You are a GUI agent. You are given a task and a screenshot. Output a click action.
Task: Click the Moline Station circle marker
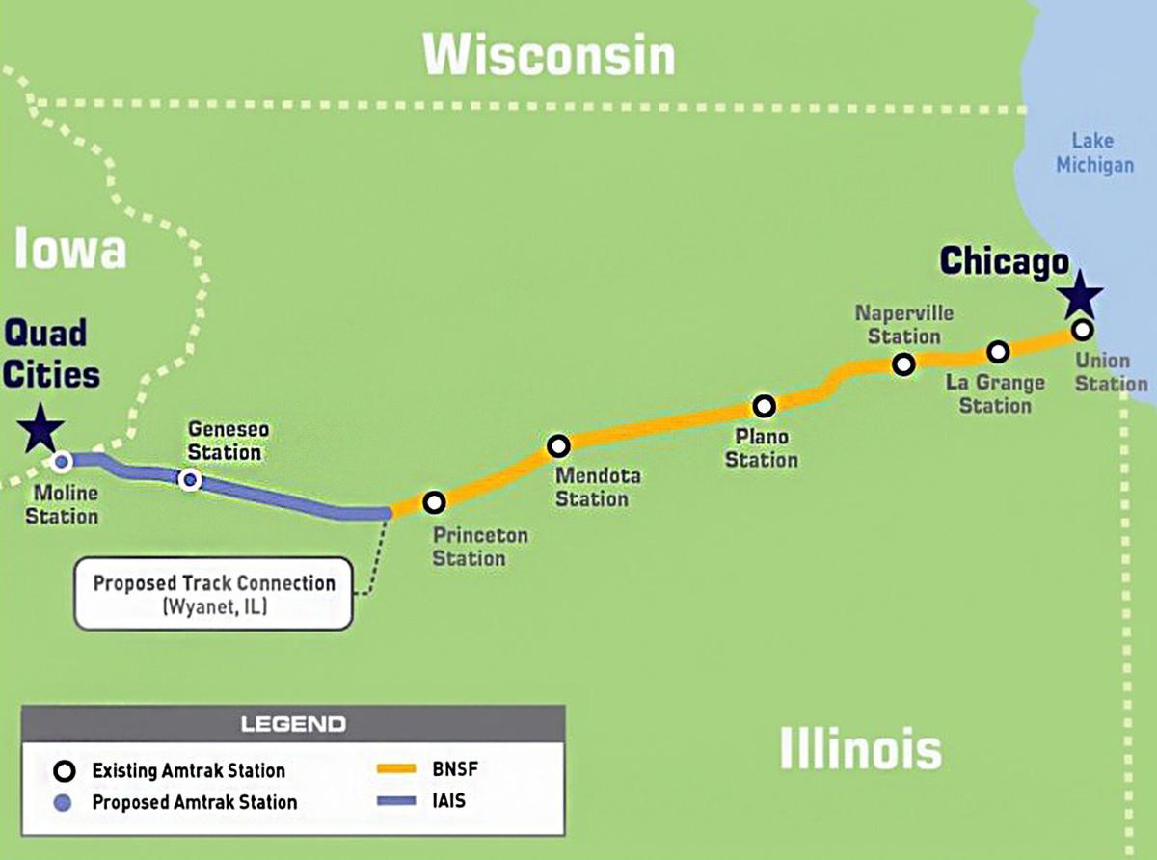[x=62, y=462]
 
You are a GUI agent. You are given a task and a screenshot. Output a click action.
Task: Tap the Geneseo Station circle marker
[x=191, y=479]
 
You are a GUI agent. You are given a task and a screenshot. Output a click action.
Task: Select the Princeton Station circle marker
[x=435, y=502]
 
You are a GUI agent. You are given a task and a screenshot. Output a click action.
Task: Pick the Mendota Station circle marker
[x=558, y=446]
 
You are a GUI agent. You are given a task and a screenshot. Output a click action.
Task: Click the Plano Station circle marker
[x=765, y=406]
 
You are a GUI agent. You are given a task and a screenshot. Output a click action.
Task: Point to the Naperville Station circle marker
[x=903, y=364]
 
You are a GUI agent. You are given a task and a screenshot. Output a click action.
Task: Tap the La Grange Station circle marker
[x=998, y=351]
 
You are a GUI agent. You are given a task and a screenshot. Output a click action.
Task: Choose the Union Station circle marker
[x=1083, y=330]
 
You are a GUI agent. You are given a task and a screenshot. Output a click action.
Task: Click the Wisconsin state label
[x=550, y=56]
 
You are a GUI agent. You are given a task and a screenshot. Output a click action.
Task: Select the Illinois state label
[x=860, y=748]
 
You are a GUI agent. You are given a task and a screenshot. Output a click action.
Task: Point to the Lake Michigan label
[x=1094, y=153]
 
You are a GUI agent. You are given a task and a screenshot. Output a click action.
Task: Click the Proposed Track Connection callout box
[x=214, y=593]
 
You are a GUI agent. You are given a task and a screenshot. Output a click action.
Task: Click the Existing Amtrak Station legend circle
[x=65, y=771]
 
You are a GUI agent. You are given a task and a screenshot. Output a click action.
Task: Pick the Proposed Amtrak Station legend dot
[x=65, y=802]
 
